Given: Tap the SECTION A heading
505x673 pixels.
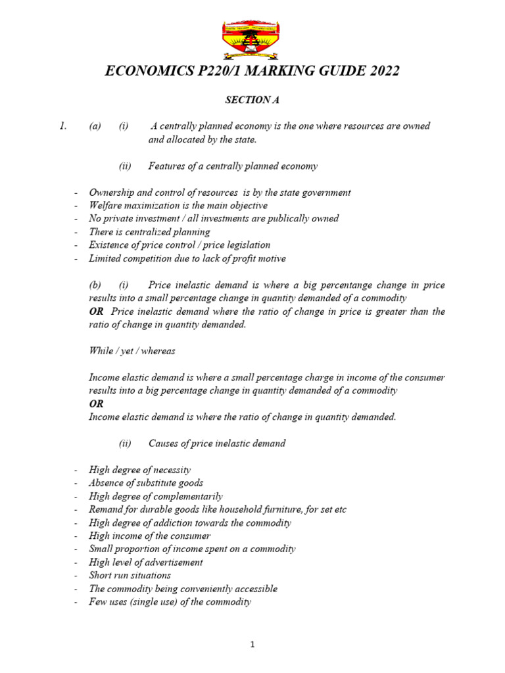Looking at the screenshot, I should tap(248, 100).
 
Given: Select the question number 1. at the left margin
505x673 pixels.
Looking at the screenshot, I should tap(62, 126).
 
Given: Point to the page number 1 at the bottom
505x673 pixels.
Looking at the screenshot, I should tap(252, 645).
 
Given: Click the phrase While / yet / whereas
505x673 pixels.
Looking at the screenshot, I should tap(132, 351).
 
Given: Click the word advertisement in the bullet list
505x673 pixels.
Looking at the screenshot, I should tap(174, 562).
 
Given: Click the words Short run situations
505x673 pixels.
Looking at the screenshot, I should tap(130, 575).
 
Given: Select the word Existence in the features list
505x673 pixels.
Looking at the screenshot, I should tap(108, 245).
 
